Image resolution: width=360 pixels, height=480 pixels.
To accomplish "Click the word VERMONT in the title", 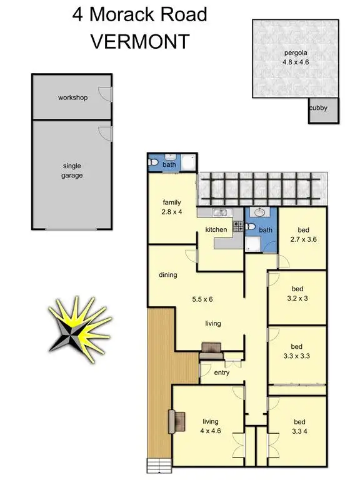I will (x=140, y=42).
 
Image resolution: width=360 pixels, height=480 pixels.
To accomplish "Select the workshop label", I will (x=72, y=98).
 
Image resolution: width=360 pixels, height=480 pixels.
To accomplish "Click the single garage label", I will (x=72, y=171).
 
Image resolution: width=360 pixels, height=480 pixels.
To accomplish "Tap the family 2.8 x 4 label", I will (x=171, y=207).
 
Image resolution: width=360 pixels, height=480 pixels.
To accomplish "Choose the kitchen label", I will (x=216, y=230).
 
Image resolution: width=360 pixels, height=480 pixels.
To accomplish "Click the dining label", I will (x=168, y=274).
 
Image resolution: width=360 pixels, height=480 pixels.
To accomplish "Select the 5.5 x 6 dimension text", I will (x=202, y=299).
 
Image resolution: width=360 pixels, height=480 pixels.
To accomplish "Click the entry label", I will (x=221, y=373).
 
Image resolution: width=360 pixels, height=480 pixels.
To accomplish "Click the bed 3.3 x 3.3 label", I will (x=296, y=351).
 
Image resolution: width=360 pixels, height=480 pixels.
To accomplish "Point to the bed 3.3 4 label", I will (x=296, y=426).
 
